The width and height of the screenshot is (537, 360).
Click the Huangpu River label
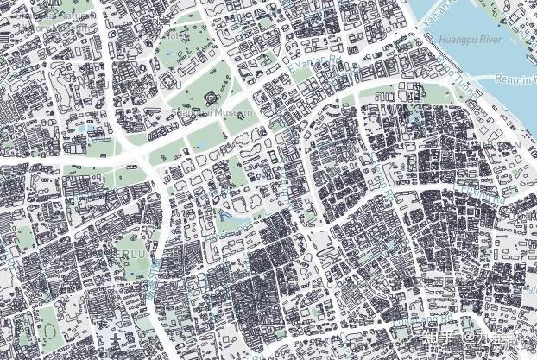(470, 40)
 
